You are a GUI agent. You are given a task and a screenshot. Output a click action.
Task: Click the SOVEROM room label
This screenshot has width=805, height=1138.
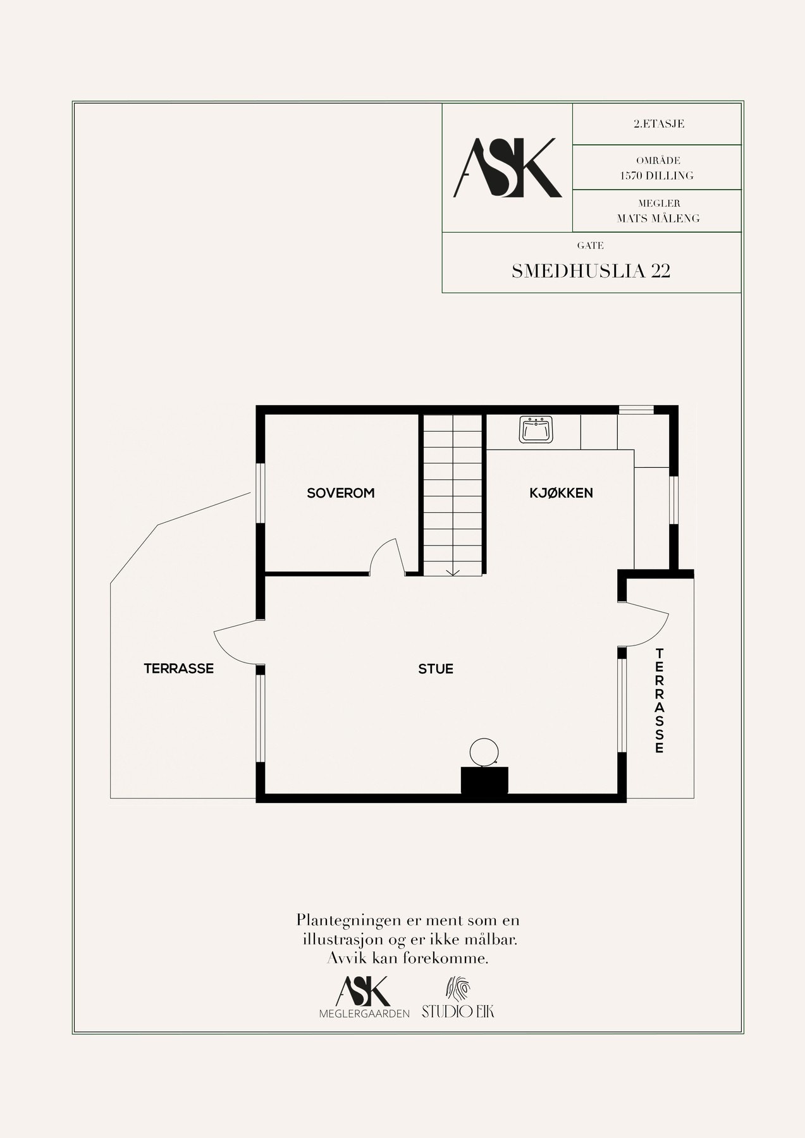(x=340, y=493)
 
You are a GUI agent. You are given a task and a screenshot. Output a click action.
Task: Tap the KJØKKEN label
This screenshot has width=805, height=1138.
(x=561, y=493)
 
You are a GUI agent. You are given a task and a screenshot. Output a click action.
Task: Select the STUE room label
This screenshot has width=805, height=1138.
(x=436, y=669)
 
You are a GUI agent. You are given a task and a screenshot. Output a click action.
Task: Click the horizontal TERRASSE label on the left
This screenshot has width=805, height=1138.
(x=178, y=668)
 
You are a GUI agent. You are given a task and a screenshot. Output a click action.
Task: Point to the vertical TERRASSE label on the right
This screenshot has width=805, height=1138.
(x=660, y=701)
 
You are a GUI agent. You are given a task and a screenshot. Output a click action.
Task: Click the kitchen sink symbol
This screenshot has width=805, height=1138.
(x=536, y=429)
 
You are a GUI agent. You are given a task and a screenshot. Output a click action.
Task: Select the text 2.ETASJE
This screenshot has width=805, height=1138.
(x=658, y=124)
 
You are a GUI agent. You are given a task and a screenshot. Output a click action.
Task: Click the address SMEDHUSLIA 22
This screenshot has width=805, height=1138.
(x=591, y=271)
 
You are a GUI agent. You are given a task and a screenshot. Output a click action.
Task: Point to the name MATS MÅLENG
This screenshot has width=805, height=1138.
(x=658, y=219)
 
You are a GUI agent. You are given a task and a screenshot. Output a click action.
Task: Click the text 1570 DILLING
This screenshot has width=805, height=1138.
(x=658, y=176)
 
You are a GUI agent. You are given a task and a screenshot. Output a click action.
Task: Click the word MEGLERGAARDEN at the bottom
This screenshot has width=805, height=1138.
(x=364, y=1013)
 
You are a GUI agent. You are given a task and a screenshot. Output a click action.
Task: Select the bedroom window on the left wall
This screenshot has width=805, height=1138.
(x=259, y=493)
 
